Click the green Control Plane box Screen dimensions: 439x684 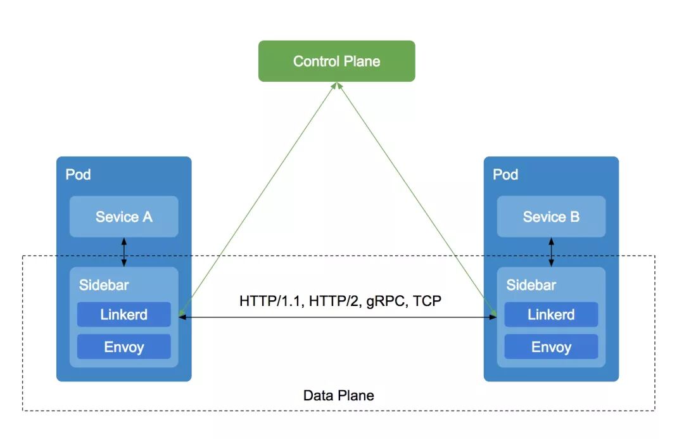336,61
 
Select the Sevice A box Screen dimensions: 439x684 123,217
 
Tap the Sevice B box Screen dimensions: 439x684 551,217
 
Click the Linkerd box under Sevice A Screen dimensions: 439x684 123,314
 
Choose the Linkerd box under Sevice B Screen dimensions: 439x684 551,314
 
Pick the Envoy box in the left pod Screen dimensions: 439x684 123,347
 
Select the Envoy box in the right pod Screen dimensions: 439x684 551,347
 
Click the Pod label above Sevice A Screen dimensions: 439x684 79,174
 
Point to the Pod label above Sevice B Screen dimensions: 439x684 505,174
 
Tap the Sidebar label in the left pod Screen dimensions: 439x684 103,285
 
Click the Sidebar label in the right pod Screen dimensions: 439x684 531,285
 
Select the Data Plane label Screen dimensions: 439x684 339,395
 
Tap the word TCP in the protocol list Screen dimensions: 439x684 427,300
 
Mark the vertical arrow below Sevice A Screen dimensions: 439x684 123,252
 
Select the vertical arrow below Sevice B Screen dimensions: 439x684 551,252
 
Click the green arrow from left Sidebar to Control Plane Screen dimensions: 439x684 256,200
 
